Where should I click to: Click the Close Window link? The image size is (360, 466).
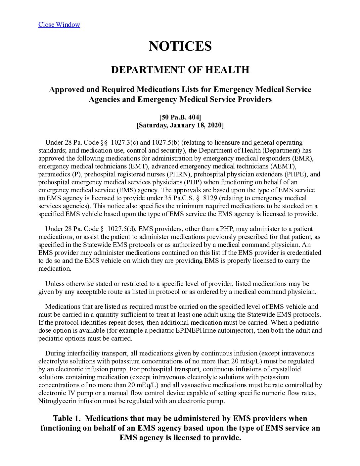pyautogui.click(x=59, y=24)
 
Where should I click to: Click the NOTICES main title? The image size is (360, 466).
pyautogui.click(x=180, y=46)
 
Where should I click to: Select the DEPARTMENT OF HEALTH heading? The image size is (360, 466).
pyautogui.click(x=180, y=70)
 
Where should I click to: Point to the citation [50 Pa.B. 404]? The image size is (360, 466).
pyautogui.click(x=180, y=117)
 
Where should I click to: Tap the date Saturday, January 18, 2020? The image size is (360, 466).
pyautogui.click(x=180, y=125)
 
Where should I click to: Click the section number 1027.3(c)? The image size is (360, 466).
pyautogui.click(x=124, y=143)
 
